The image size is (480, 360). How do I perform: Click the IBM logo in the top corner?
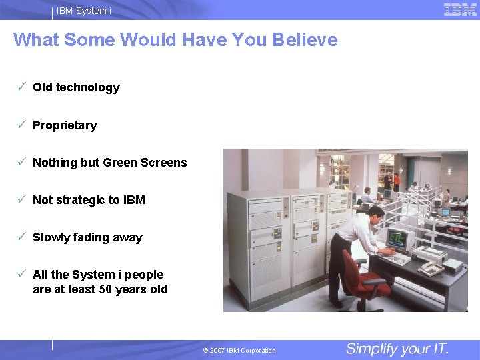460,9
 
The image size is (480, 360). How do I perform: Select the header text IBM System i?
84,11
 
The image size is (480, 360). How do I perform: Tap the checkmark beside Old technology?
22,87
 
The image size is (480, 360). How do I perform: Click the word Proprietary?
65,125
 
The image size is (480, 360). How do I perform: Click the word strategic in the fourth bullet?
88,200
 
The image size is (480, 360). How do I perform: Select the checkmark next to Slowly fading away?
22,237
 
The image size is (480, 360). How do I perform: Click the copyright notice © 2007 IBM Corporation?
239,351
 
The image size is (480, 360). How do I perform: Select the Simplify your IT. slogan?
397,349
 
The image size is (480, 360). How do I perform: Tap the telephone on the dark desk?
431,269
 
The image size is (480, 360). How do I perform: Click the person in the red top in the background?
397,181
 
